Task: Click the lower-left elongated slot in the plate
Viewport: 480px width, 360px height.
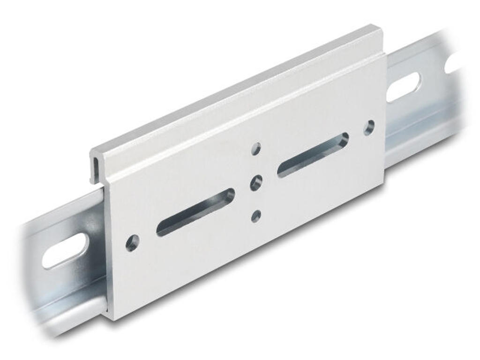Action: coord(195,212)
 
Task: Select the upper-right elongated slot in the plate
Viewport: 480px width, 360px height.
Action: coord(313,155)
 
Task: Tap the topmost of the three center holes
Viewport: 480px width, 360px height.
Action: coord(256,149)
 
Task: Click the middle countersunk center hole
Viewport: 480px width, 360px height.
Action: coord(256,182)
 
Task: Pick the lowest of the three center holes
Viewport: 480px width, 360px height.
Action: coord(256,216)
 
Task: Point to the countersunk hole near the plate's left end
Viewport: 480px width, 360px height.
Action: coord(133,243)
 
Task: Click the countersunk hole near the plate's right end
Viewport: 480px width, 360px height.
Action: coord(369,127)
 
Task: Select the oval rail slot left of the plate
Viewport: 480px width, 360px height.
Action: coord(65,251)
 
